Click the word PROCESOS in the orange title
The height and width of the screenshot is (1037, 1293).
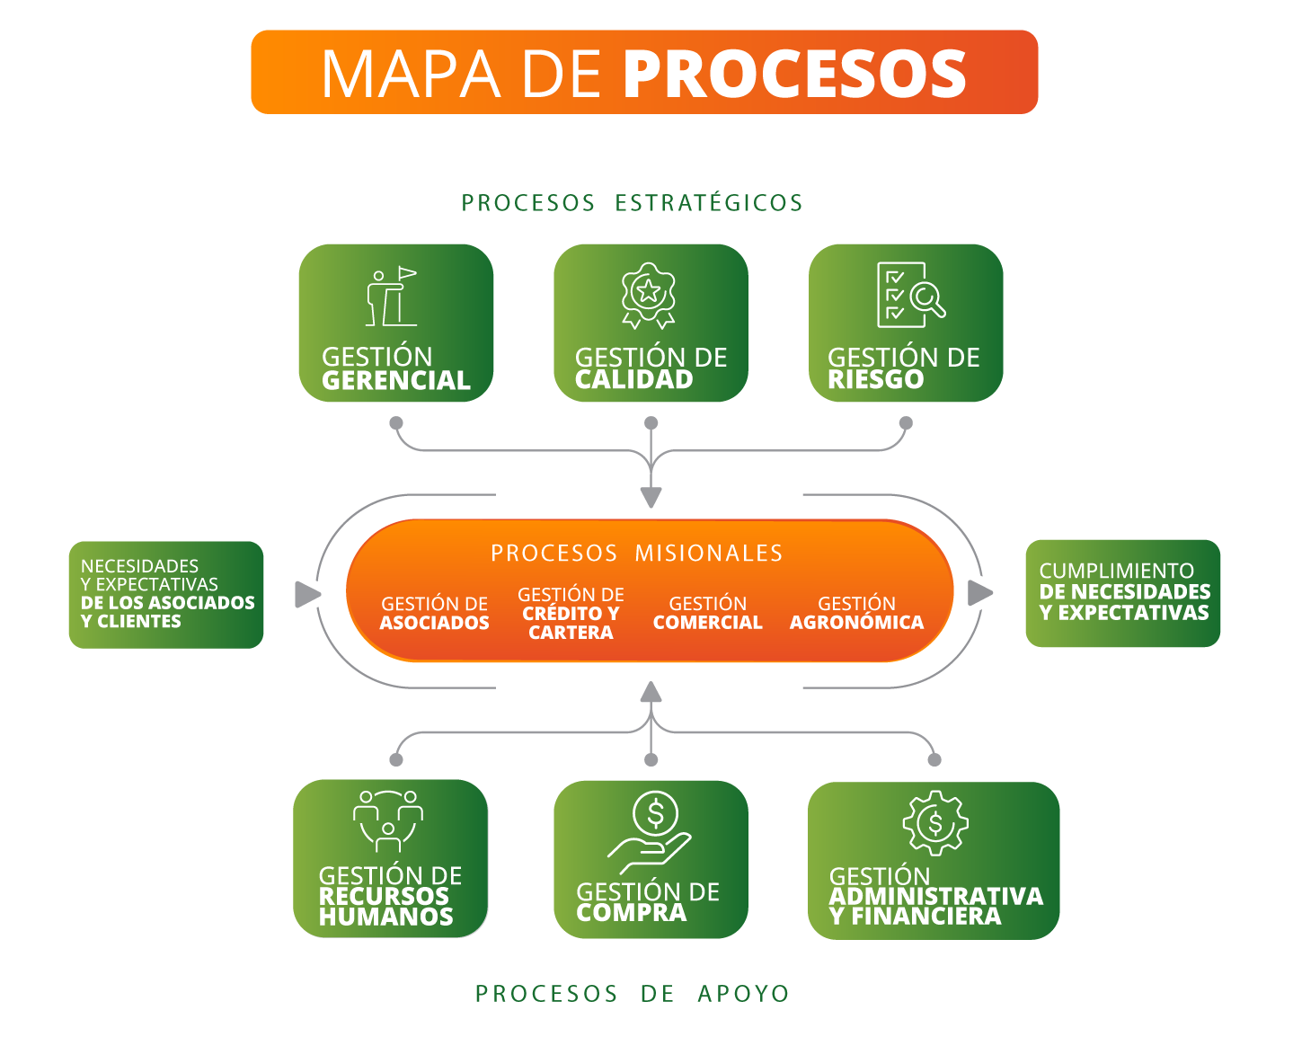[x=794, y=74]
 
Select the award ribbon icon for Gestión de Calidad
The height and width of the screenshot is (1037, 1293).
[x=649, y=295]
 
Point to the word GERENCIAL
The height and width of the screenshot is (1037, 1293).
[x=396, y=381]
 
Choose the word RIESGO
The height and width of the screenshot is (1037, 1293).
[x=875, y=380]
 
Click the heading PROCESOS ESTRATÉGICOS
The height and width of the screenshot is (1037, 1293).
[x=632, y=203]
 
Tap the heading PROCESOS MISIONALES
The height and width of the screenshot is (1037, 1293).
[x=636, y=553]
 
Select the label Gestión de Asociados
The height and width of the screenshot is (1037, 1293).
[x=434, y=613]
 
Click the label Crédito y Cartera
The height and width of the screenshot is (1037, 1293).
[x=571, y=614]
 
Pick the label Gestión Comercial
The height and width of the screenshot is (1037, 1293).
[x=707, y=613]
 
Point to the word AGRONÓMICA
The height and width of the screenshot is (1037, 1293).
[x=856, y=623]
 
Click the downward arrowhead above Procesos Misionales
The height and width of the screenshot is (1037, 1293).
[x=651, y=498]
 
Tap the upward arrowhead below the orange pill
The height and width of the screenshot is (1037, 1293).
[x=651, y=692]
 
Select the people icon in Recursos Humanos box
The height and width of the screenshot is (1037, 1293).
[x=388, y=820]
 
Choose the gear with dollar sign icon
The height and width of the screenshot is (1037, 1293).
[x=934, y=822]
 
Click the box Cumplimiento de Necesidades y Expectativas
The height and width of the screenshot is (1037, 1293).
[x=1122, y=593]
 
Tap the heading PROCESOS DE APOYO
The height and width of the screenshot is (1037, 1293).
[x=632, y=994]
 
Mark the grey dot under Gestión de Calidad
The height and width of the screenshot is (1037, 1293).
[x=651, y=423]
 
